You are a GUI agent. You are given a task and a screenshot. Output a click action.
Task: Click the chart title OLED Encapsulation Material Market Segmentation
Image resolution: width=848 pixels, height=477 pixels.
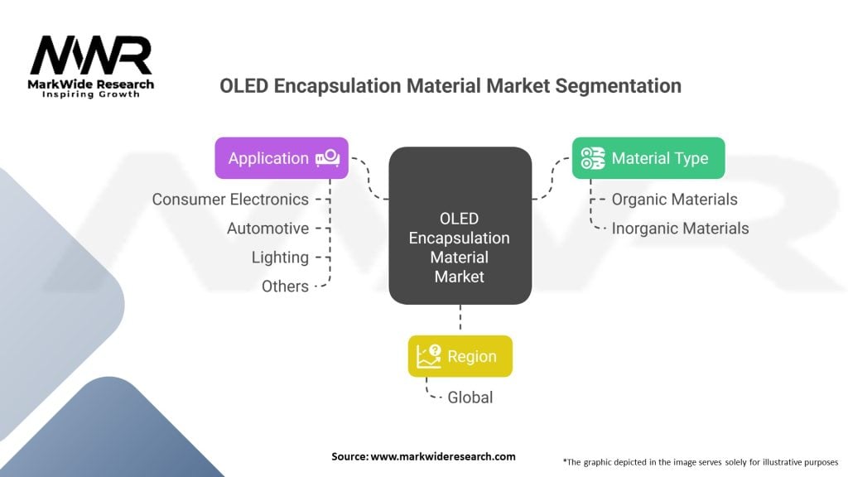(x=450, y=86)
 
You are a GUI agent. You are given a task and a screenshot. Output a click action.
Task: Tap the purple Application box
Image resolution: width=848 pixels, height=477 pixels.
(x=282, y=158)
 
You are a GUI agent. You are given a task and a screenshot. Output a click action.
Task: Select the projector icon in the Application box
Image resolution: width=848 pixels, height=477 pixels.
(x=326, y=157)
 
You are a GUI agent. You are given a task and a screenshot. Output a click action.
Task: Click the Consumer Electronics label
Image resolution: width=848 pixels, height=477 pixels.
(x=230, y=200)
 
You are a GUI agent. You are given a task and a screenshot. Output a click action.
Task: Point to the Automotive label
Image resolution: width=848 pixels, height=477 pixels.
(x=267, y=229)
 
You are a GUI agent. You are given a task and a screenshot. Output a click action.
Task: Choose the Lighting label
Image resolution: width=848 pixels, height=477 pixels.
(x=280, y=258)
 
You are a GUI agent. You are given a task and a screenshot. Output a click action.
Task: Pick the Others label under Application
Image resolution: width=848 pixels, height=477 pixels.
(x=285, y=287)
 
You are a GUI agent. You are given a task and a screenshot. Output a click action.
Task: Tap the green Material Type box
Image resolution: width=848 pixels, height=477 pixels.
(x=648, y=158)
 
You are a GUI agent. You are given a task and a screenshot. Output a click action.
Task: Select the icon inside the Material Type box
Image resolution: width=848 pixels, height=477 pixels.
(x=593, y=158)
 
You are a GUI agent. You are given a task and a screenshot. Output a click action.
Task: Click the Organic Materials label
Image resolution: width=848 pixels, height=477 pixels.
(x=674, y=200)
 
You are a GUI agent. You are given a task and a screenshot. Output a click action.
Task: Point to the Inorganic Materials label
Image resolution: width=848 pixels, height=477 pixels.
(x=680, y=229)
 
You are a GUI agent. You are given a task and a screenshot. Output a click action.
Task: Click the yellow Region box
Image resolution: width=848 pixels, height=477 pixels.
(x=460, y=356)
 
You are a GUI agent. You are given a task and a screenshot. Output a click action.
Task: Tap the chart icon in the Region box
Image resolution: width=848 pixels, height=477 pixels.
(x=429, y=356)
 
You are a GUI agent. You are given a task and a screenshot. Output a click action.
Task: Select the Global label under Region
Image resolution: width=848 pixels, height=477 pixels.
(x=470, y=397)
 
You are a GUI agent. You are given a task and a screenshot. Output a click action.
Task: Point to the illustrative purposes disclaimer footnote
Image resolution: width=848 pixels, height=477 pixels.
(x=700, y=460)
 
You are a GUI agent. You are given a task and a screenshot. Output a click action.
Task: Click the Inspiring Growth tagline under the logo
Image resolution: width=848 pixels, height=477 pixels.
(x=91, y=94)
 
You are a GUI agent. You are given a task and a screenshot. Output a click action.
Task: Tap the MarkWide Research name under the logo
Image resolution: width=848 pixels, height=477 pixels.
(x=91, y=84)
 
